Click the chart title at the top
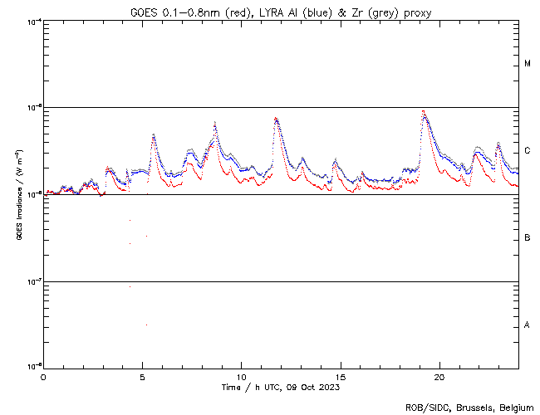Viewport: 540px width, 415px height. click(281, 12)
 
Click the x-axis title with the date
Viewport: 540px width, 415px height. click(281, 387)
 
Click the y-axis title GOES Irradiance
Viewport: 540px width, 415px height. click(17, 195)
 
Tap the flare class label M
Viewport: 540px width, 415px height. click(528, 64)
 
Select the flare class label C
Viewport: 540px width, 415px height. click(528, 151)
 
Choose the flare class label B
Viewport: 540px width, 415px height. click(528, 238)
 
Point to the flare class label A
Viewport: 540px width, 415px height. click(528, 325)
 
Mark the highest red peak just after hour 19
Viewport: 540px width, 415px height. click(424, 111)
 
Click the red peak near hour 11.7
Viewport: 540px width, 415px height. click(276, 118)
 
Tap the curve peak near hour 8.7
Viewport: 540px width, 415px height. click(215, 124)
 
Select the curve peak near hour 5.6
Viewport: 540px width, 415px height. click(154, 134)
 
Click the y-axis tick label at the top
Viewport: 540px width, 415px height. click(33, 22)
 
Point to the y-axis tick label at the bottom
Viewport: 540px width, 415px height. click(33, 366)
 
